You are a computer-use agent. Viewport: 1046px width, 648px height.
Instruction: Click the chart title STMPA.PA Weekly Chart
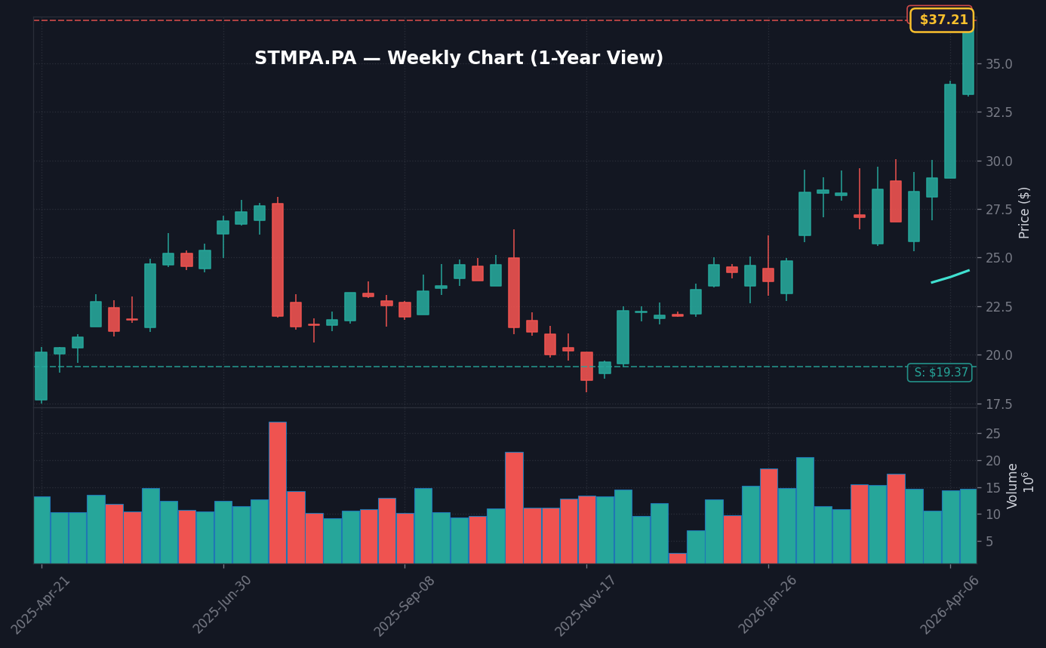tap(458, 59)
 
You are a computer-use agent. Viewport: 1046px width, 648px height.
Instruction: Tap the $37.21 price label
tap(942, 20)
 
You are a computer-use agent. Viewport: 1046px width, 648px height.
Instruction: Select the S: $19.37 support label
tap(940, 373)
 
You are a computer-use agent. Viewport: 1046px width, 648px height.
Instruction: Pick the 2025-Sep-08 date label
tap(405, 605)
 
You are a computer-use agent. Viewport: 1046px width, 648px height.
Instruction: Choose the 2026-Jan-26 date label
tap(768, 605)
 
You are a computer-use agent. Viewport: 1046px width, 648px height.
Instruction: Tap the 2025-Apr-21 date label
tap(42, 605)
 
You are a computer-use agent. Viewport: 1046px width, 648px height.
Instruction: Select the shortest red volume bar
tap(678, 558)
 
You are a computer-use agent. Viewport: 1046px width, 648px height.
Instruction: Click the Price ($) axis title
tap(1025, 213)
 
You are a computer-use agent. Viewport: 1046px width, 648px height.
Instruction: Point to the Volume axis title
tap(1014, 486)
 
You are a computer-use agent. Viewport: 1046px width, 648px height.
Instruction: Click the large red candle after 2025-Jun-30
tap(278, 260)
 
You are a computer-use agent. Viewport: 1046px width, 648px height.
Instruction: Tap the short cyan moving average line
tap(950, 276)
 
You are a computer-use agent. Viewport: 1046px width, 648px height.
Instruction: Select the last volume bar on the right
tap(968, 526)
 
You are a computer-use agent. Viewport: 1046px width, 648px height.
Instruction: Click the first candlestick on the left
tap(41, 376)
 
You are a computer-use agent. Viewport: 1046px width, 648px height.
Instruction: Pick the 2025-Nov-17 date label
tap(586, 605)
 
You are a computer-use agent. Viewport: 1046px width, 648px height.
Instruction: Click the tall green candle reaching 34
tap(950, 131)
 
